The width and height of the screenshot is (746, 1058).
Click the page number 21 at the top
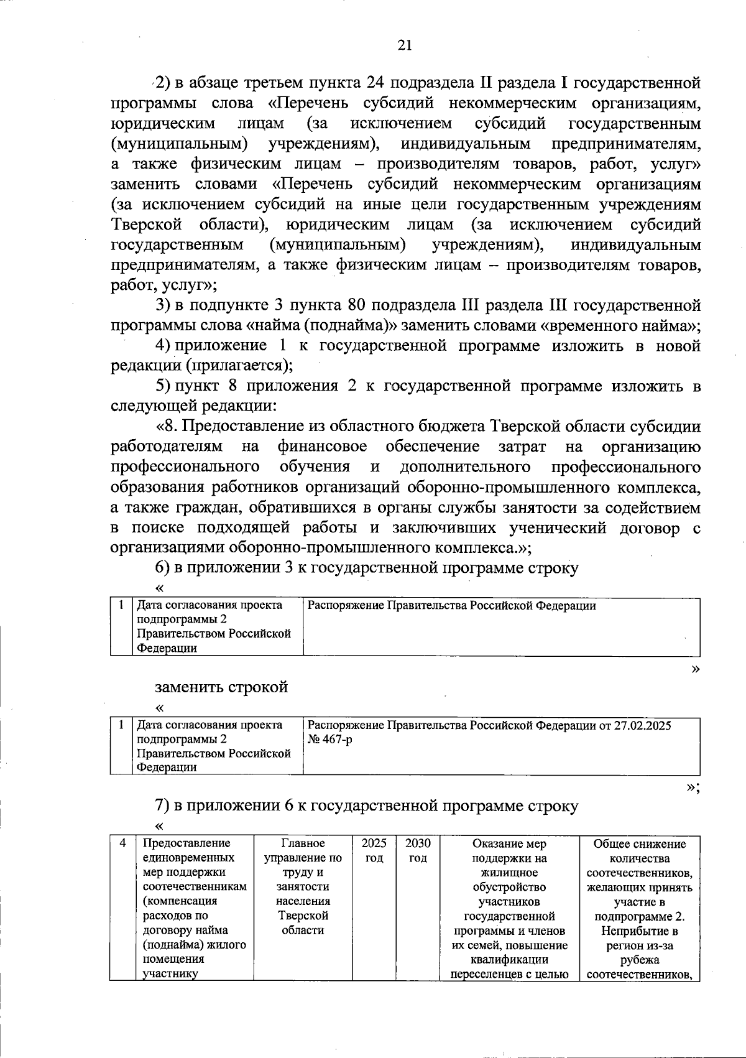click(404, 45)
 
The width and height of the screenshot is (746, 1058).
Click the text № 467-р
click(329, 740)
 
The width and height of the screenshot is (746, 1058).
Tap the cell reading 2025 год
click(374, 851)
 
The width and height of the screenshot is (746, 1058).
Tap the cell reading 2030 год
click(418, 851)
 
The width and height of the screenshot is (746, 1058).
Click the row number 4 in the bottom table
click(123, 843)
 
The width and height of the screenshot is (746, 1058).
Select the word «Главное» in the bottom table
click(303, 843)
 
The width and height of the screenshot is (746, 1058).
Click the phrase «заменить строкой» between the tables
click(221, 687)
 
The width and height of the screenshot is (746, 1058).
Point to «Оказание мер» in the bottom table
click(509, 843)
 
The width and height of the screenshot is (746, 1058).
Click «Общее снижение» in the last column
click(640, 843)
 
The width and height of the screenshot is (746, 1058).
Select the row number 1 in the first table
click(122, 605)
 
